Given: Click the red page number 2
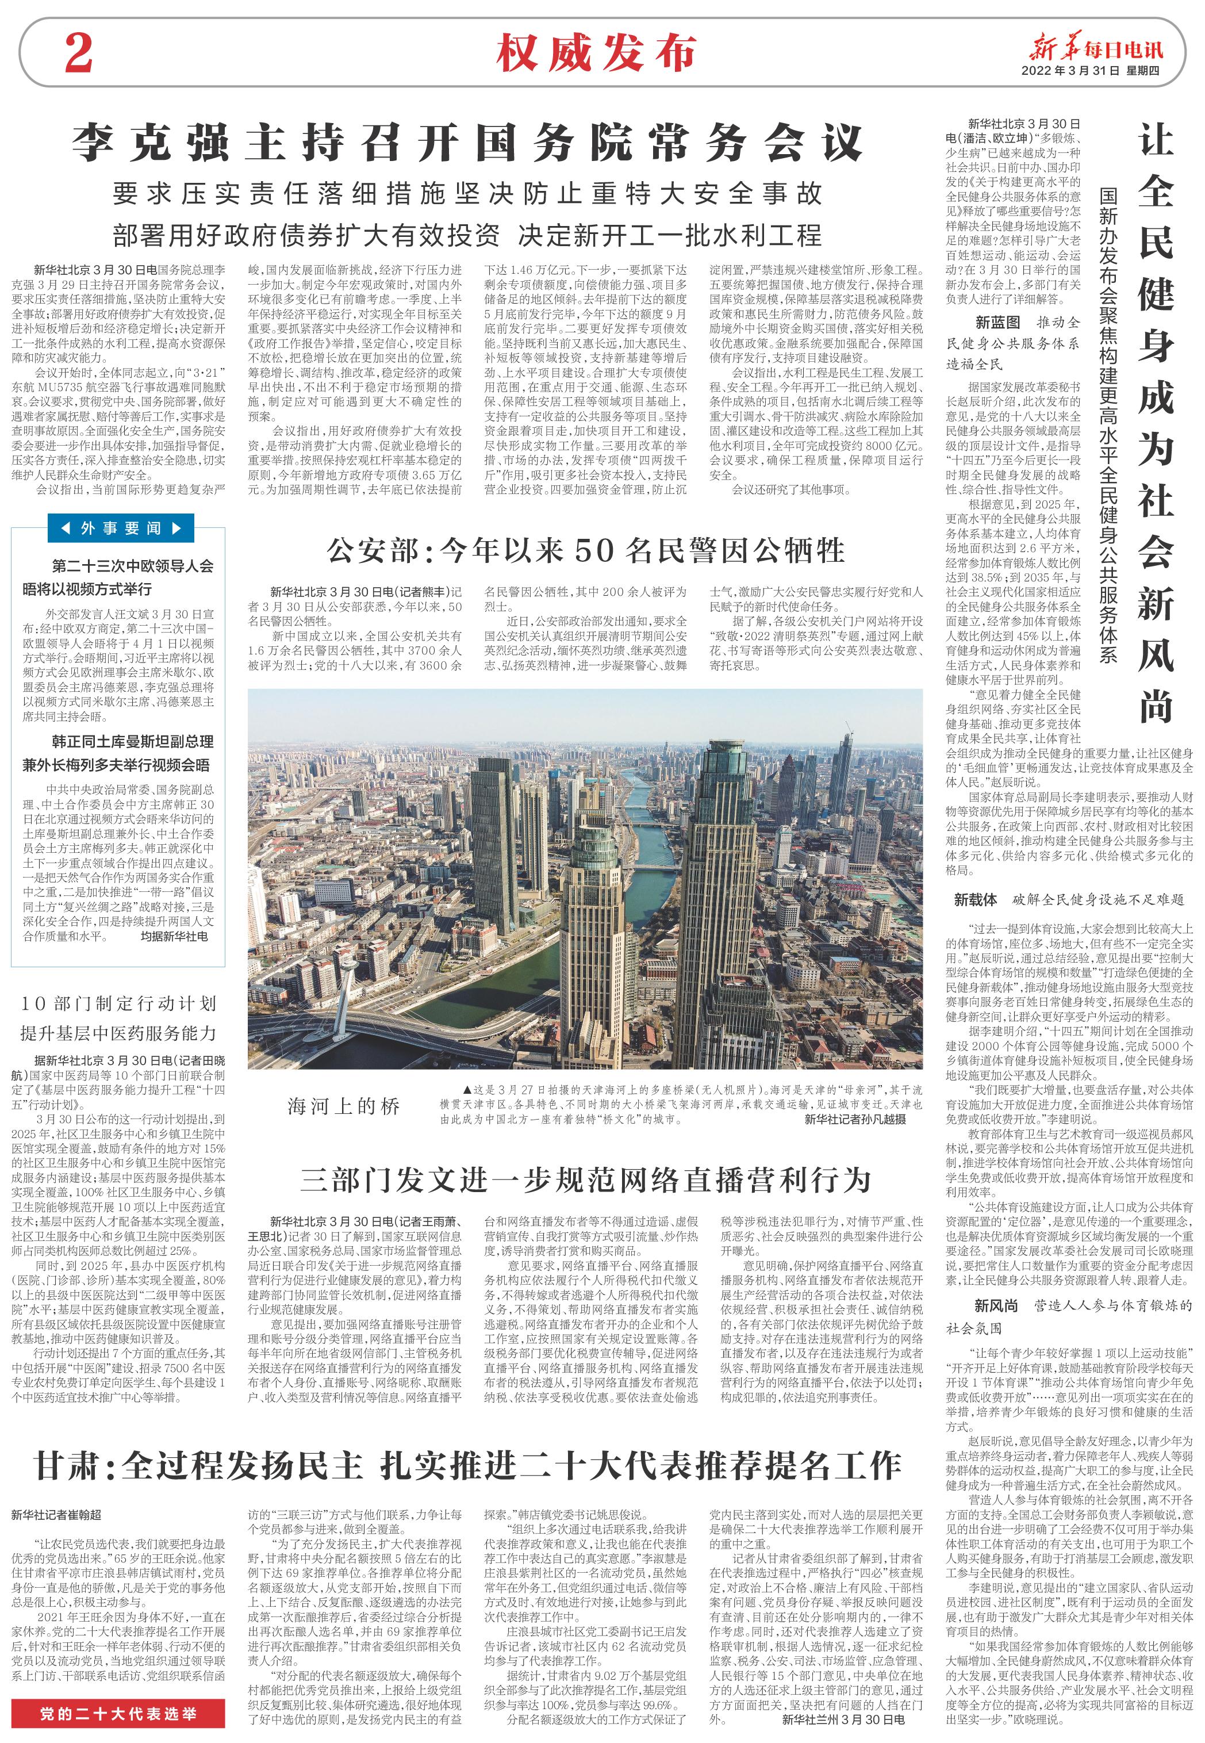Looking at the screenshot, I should (79, 53).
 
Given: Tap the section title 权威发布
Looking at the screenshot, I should (595, 53).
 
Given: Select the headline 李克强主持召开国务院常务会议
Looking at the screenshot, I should (467, 142).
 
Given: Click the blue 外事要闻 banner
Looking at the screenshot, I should (121, 528).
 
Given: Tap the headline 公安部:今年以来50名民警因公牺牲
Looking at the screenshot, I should (585, 550).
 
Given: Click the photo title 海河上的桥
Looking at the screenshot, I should (344, 1106).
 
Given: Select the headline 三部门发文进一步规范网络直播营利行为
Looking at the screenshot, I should (585, 1179).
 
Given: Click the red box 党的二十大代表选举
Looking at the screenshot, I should (118, 1714).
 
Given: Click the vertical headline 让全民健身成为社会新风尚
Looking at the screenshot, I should (1155, 423).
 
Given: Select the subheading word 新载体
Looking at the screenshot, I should (976, 899).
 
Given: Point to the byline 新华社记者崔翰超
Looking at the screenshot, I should (56, 1514).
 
